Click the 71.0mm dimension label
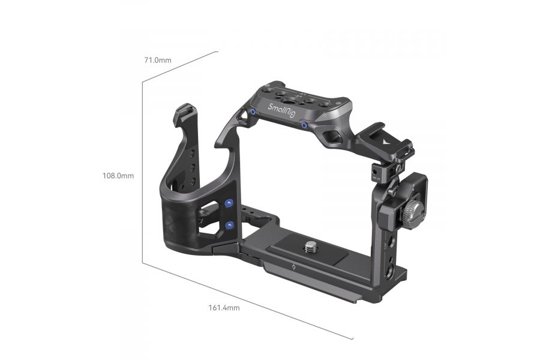157,60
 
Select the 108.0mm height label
118,176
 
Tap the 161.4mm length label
224,308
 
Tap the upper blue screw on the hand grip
229,205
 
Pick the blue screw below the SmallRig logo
305,125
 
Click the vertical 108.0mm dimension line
142,174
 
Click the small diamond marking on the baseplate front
292,266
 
